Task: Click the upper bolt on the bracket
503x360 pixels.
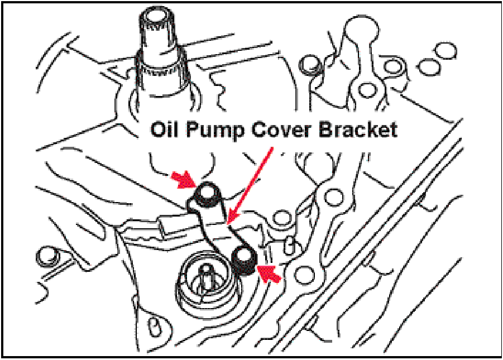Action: (207, 194)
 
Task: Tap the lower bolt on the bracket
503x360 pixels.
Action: (245, 258)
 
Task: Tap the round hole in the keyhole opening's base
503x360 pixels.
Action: (366, 89)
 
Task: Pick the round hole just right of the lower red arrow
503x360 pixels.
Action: (304, 273)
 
